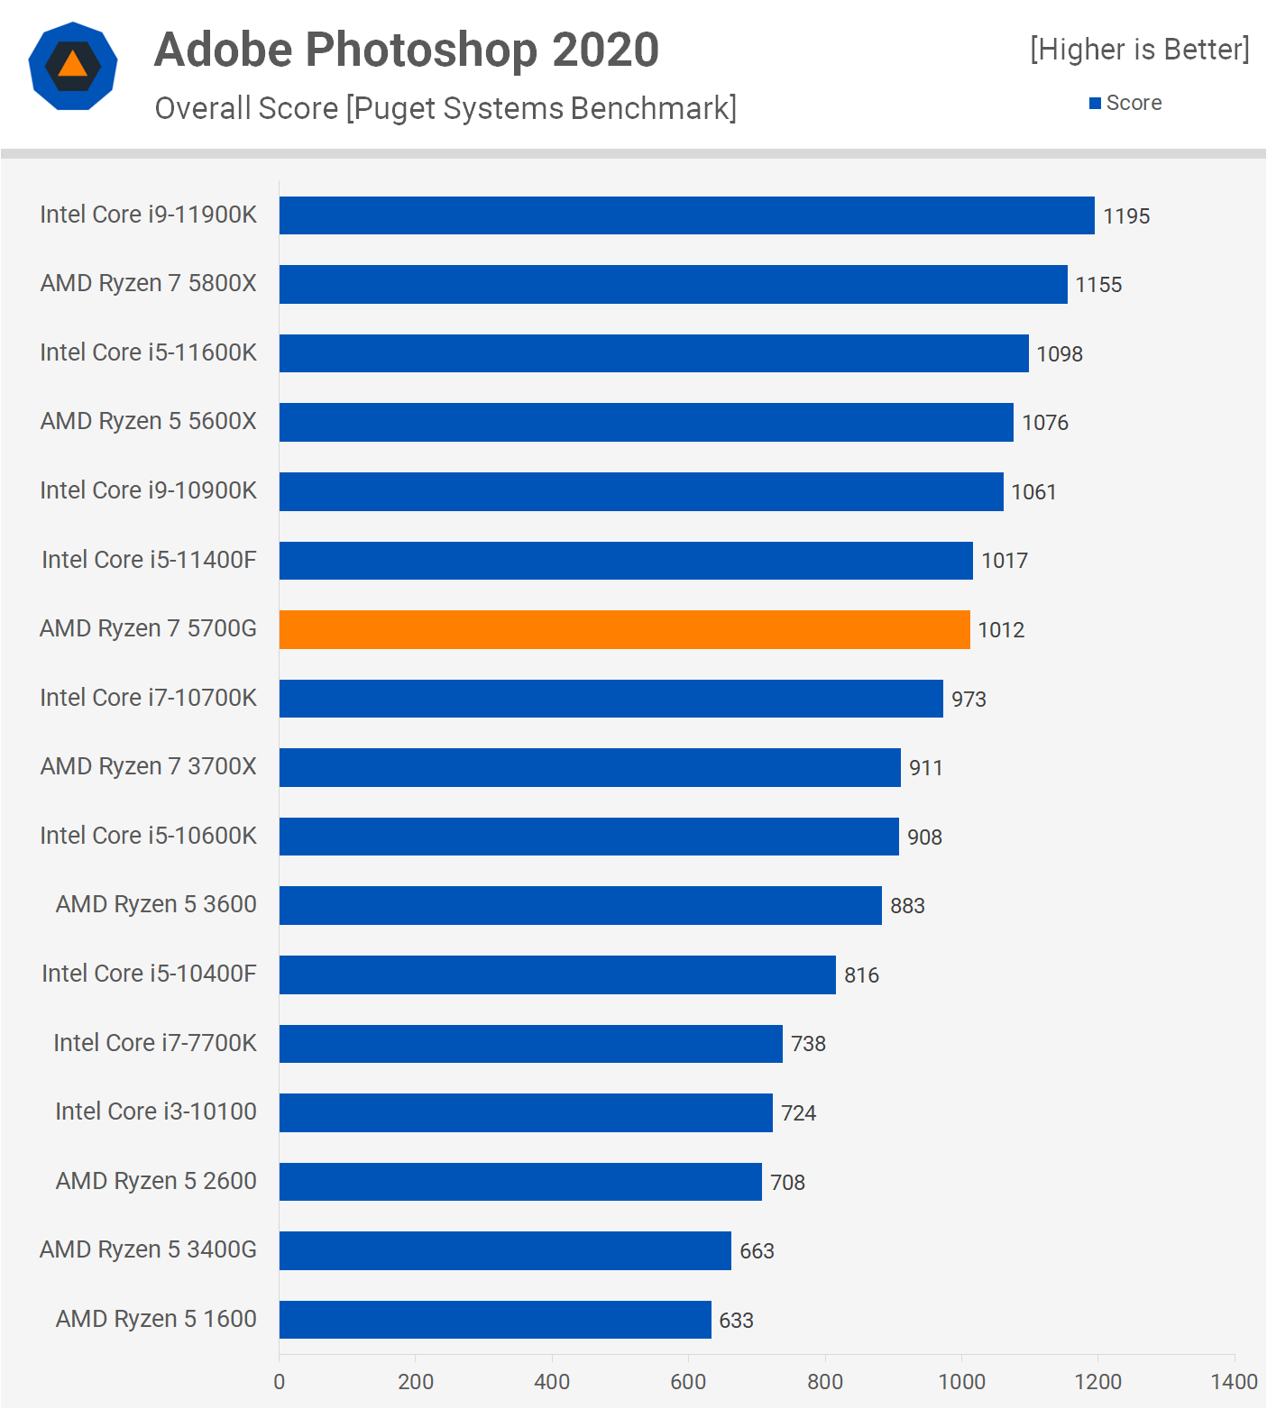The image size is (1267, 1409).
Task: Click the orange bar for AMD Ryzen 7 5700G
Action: [624, 629]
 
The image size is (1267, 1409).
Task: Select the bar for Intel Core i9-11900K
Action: [686, 215]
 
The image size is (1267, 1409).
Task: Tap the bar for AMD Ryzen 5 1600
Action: [495, 1320]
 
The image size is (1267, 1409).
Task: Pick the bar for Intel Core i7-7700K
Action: [530, 1044]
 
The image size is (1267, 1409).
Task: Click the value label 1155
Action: [1098, 285]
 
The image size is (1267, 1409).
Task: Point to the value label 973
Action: [969, 699]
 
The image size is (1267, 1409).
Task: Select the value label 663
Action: [757, 1251]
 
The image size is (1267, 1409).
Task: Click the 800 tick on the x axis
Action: [824, 1381]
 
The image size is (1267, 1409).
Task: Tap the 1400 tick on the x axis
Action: [1234, 1381]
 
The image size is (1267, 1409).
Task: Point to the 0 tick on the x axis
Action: [280, 1381]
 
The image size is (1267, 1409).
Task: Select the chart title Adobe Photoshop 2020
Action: [407, 50]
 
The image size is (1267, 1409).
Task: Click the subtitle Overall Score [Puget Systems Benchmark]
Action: [445, 108]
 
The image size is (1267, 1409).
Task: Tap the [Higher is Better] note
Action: [1140, 50]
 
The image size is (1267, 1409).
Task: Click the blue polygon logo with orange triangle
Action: [73, 66]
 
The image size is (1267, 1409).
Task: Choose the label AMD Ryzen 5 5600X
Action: [149, 421]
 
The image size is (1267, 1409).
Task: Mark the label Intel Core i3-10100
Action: [156, 1112]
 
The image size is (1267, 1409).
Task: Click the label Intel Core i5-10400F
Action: [149, 974]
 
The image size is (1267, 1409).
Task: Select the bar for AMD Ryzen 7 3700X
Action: [590, 767]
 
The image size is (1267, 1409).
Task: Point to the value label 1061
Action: [1033, 491]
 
